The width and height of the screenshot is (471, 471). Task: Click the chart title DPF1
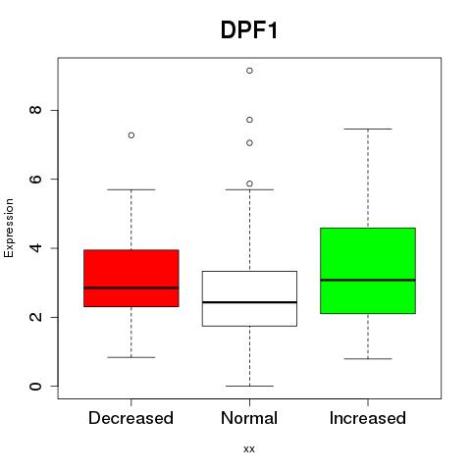tap(249, 30)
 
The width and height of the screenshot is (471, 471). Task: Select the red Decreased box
tap(131, 278)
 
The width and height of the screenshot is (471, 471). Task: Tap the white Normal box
tap(249, 298)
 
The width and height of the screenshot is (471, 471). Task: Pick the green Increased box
tap(368, 271)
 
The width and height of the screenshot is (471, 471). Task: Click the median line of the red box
tap(131, 288)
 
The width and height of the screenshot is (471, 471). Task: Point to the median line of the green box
tap(368, 280)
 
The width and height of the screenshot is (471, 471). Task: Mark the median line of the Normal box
tap(249, 302)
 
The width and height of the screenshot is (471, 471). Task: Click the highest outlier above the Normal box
tap(249, 71)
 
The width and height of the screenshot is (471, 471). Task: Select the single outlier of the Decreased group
tap(131, 135)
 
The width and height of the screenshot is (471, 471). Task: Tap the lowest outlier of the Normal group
tap(249, 183)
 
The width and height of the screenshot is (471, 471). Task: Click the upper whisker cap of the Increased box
tap(368, 129)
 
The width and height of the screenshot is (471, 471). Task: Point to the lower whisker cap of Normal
tap(249, 386)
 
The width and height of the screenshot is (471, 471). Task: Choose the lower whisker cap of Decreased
tap(131, 357)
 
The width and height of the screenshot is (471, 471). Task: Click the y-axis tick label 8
tap(35, 110)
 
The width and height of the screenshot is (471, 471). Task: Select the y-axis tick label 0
tap(35, 386)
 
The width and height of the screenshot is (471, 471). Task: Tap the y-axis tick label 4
tap(35, 248)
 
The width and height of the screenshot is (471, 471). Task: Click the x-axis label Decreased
tap(131, 418)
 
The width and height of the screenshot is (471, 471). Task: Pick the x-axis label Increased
tap(368, 418)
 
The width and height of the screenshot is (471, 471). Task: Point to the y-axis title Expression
tap(9, 228)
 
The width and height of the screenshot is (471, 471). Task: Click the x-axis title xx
tap(249, 449)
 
